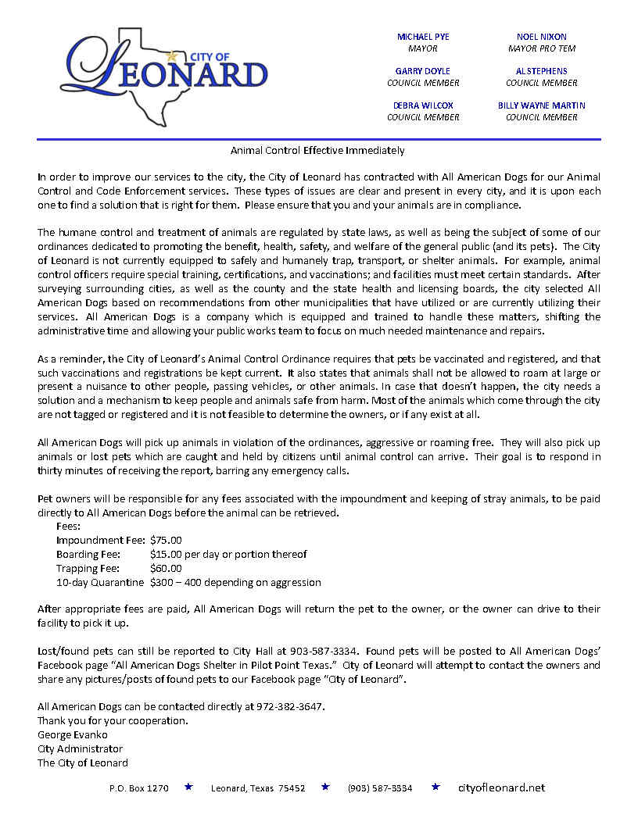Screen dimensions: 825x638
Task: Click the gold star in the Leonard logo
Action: pos(172,56)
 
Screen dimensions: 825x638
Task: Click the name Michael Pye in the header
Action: pos(423,37)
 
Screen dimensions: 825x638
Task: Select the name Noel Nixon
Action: pos(542,37)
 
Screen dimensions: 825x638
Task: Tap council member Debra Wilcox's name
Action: pos(423,105)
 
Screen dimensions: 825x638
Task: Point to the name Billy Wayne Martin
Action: pos(542,105)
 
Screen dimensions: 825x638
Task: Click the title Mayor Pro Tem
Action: pos(542,48)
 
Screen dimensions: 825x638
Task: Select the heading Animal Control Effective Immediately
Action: pos(317,150)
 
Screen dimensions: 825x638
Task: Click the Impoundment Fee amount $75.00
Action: pos(166,540)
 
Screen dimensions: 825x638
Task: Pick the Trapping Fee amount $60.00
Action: pos(166,568)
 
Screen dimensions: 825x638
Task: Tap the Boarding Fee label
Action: pos(88,554)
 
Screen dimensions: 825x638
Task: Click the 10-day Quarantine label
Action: pos(100,582)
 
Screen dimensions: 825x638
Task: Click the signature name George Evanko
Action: pos(73,734)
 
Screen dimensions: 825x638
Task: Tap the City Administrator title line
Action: pos(80,748)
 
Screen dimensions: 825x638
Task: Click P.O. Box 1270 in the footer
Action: pos(139,788)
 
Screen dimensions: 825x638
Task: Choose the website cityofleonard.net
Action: pos(501,788)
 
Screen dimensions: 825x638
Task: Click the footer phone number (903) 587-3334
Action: pos(380,788)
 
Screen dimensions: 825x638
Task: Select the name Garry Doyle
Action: pos(423,71)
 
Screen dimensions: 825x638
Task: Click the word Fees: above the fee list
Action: pos(69,526)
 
